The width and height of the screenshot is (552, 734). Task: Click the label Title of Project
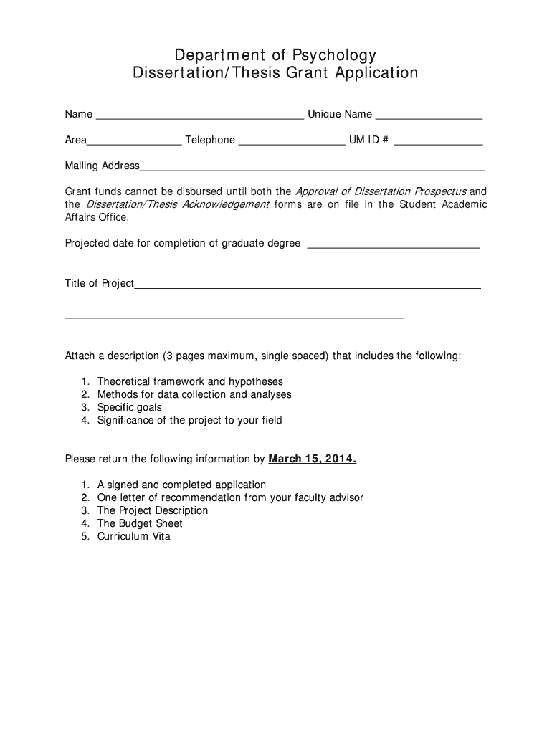point(99,283)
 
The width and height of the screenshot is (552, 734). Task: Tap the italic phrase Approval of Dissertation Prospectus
point(381,191)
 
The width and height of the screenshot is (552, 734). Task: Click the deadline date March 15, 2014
point(312,459)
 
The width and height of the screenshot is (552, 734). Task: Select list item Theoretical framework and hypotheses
point(190,381)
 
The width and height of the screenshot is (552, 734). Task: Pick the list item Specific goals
point(130,407)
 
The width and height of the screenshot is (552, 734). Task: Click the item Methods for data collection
point(194,394)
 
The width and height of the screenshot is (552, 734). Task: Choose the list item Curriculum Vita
point(133,536)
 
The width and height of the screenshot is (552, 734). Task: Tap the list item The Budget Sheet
point(140,523)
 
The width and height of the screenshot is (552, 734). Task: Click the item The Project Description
point(153,510)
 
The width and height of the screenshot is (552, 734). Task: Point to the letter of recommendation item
point(230,497)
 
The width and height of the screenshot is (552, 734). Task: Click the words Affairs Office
point(97,217)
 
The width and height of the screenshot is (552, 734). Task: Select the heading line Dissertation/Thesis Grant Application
point(275,73)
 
